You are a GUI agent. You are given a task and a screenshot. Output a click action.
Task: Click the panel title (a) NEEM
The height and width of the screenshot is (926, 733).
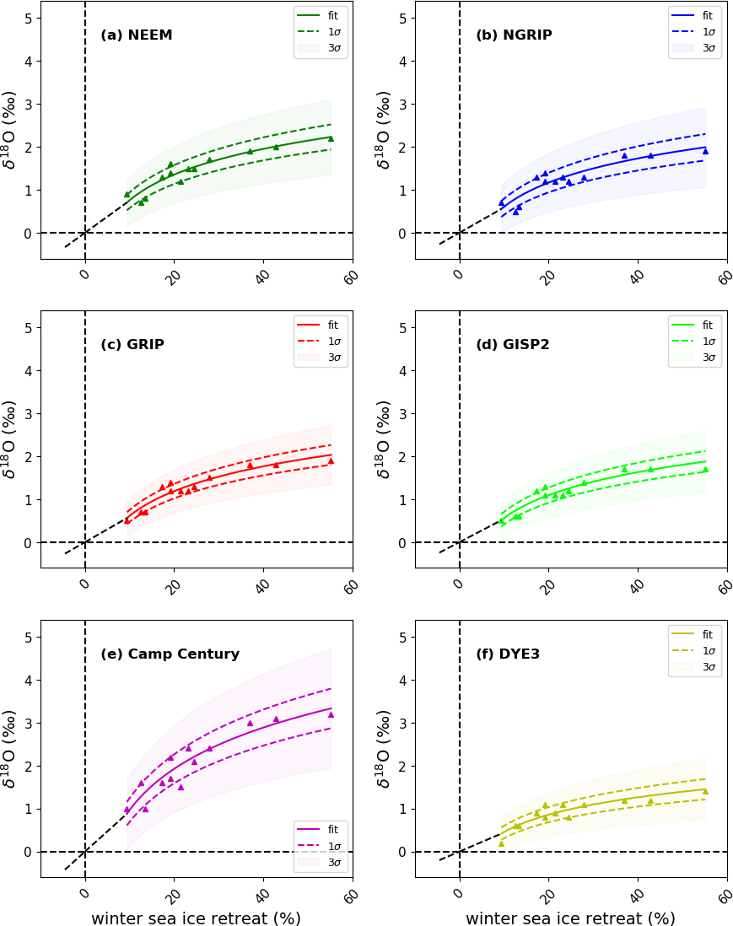click(x=137, y=35)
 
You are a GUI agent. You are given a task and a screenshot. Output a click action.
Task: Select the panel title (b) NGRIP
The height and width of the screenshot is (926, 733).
click(x=514, y=35)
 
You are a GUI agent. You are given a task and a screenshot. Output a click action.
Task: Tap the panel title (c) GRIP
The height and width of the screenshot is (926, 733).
click(x=132, y=345)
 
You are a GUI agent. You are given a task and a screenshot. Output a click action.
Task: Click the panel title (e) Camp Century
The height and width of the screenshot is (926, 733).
click(x=170, y=654)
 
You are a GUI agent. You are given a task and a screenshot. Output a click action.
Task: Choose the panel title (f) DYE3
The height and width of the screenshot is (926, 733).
click(x=508, y=654)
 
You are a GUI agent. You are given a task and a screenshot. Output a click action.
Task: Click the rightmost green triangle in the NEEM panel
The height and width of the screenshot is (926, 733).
click(x=331, y=138)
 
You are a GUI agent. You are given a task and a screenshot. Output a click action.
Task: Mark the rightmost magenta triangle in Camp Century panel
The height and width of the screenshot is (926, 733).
click(x=331, y=714)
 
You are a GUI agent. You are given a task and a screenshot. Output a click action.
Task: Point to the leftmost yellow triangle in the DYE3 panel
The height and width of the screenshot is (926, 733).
click(x=501, y=843)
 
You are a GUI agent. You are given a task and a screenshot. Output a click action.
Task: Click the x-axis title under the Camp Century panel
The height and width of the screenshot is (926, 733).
click(x=196, y=918)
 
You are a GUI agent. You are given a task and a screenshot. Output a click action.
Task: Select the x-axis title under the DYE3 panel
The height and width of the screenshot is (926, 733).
click(x=570, y=918)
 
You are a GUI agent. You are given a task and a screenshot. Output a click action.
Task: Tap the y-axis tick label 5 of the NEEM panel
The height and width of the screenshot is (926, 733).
click(x=30, y=19)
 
